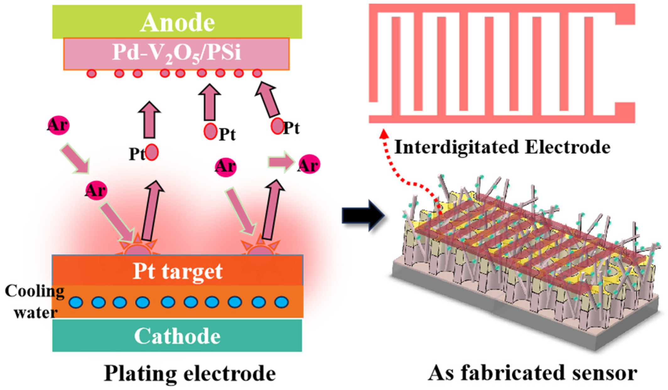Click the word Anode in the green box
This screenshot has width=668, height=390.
click(177, 23)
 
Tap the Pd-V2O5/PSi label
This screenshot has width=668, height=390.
click(177, 53)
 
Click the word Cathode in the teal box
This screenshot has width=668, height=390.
click(177, 336)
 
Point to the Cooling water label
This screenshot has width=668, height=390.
click(35, 302)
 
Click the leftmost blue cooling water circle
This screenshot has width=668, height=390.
click(76, 302)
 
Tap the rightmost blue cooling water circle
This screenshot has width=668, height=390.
click(281, 302)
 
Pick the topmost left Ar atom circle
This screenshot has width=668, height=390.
click(58, 125)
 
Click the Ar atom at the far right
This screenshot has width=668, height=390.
click(309, 165)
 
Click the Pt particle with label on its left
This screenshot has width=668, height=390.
click(152, 152)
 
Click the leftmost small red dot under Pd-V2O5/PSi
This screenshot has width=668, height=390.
click(91, 74)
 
